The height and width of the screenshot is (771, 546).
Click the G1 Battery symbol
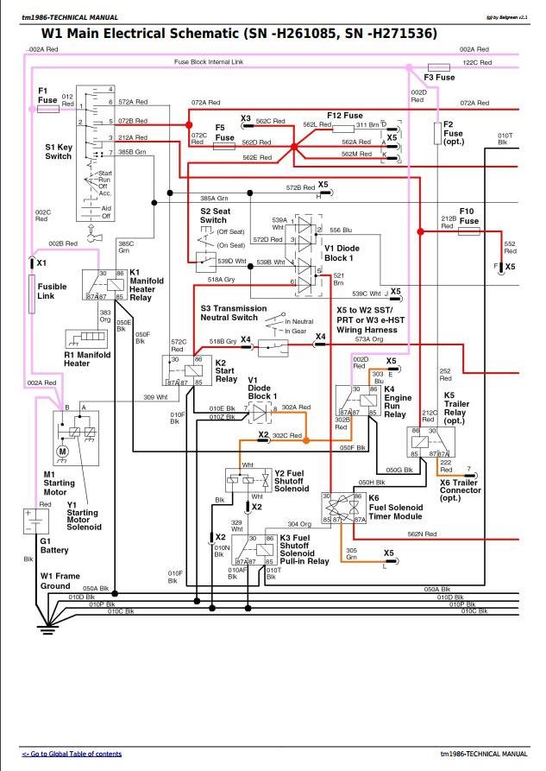35,519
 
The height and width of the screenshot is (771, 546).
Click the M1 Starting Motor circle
61,450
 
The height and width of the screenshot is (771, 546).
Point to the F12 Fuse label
344,116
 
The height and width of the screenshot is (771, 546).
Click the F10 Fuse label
468,216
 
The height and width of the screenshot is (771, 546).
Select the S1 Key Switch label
58,151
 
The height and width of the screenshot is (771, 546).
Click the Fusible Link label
52,292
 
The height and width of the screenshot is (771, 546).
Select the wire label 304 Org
299,524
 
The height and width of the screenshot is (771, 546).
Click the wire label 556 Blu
341,231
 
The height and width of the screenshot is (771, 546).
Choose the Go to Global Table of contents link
72,754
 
